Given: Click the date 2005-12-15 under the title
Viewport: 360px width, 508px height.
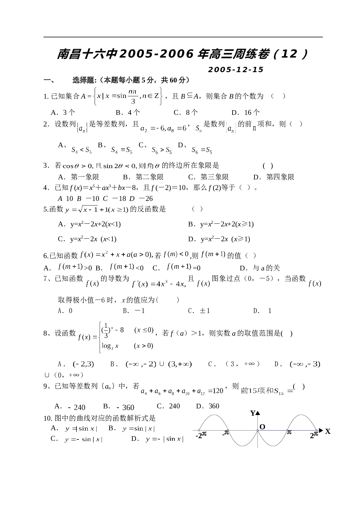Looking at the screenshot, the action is pos(236,69).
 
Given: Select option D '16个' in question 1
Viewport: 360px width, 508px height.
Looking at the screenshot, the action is pos(246,112).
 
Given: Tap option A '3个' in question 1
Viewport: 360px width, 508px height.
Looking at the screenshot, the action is pos(63,112).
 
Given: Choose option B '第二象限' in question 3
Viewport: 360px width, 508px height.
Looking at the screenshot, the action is pos(143,177).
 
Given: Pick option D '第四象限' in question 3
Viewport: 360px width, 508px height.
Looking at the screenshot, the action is pos(274,177).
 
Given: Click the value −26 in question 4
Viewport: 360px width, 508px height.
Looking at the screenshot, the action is pos(146,199).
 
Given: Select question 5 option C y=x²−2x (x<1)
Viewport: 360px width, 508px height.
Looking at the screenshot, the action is pos(87,239).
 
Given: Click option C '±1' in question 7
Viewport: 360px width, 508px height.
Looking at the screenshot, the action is pos(199,311).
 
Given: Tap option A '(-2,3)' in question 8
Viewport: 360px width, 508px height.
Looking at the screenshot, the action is pos(76,364).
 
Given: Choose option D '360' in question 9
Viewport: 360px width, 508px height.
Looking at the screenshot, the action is pos(208,406).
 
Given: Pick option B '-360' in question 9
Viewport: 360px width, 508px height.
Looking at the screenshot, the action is pos(118,407).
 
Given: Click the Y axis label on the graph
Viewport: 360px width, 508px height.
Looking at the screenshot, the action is pos(253,413).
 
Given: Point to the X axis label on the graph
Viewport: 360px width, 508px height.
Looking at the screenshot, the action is pos(328,431).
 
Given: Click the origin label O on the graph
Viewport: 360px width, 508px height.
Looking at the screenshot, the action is pos(262,427).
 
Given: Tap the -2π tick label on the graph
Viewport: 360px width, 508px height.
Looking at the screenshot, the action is pos(201,435).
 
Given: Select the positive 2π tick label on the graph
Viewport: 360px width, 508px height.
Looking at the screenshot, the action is pos(314,435).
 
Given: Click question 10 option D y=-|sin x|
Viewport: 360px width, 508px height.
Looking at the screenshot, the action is pos(157,439).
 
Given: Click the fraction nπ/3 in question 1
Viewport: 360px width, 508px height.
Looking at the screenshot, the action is pos(132,96).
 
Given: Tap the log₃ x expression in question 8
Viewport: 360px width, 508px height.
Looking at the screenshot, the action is pos(110,346).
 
